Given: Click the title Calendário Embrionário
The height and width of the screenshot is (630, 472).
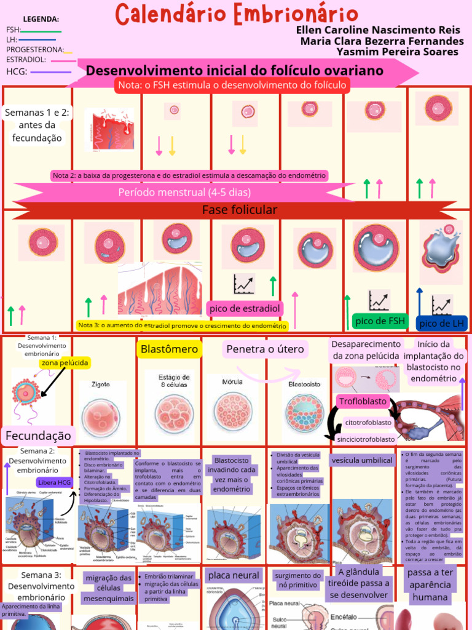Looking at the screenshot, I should point(237,14).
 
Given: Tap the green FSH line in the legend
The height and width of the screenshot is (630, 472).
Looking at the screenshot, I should point(42,31).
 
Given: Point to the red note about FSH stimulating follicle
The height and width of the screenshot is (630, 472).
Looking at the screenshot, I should point(232,85).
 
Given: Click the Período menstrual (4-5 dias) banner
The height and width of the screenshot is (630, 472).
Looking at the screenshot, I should point(184,191).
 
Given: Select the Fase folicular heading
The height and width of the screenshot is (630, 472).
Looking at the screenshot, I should point(239,210).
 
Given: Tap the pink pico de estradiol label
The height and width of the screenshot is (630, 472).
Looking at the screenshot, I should point(245,308).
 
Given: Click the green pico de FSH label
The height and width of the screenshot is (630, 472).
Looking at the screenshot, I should point(380,321).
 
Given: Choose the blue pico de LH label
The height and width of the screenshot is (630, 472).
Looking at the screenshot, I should point(441,324).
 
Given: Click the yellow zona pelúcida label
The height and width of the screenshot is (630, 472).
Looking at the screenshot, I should point(65,363).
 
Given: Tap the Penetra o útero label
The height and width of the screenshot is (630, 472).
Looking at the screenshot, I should point(265,349).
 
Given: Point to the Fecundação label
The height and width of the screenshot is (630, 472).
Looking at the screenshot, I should point(38,436).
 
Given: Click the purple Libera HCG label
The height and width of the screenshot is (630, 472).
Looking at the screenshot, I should point(55,482).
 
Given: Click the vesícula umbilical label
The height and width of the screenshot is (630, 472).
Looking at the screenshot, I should point(361,460).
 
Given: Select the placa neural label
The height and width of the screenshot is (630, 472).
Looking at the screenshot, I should point(233,575).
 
